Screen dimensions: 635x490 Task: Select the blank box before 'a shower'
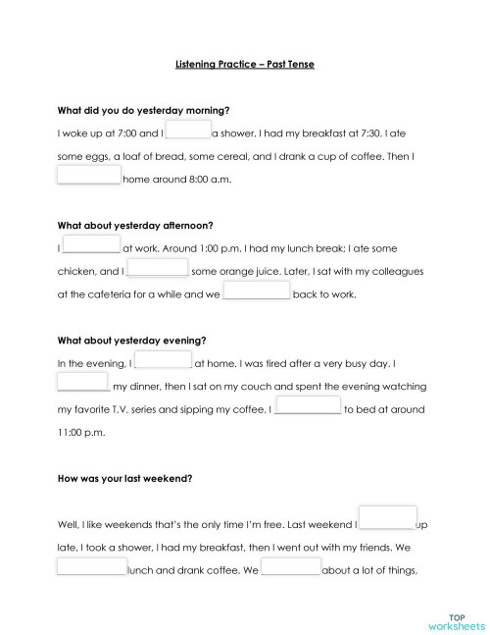188,131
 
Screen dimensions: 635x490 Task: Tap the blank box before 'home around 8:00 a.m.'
88,177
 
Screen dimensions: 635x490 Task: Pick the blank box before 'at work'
91,246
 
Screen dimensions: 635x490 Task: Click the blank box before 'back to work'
257,291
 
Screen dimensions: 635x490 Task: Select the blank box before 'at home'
163,361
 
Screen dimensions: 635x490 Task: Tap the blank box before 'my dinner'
83,384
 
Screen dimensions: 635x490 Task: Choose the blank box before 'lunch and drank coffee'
92,568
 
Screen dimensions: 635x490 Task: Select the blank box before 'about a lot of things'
290,568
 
